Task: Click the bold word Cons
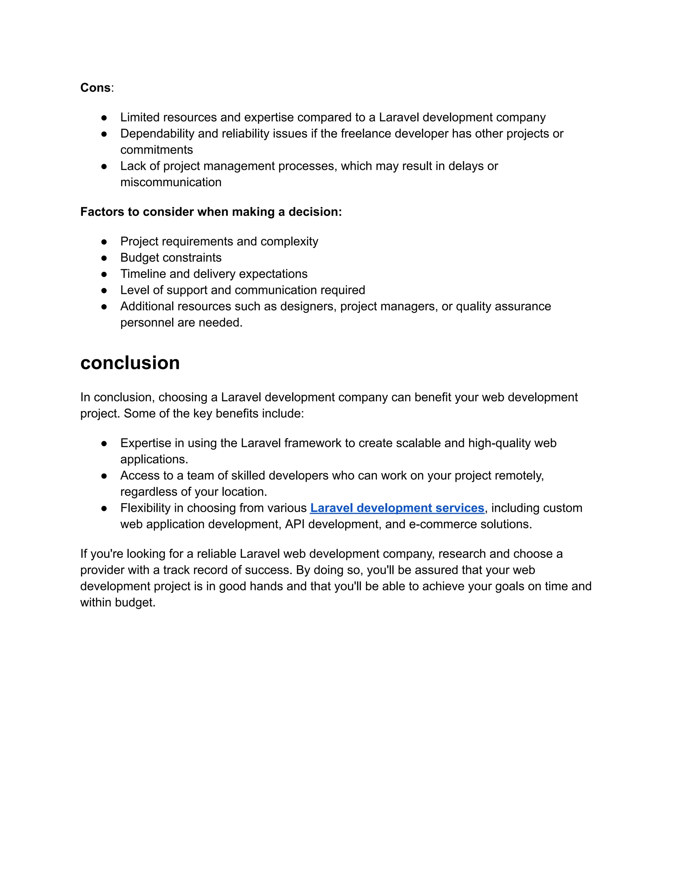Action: coord(95,88)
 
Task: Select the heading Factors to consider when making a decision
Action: coord(211,212)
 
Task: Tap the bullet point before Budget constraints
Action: coord(104,258)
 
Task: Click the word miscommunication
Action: coord(170,182)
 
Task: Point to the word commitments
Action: coord(157,150)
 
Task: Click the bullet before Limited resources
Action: coord(104,118)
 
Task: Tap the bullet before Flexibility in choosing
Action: coord(104,508)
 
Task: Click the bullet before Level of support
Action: coord(104,290)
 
